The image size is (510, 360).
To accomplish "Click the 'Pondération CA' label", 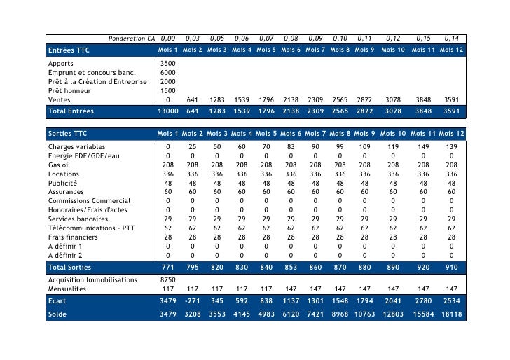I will click(x=131, y=38).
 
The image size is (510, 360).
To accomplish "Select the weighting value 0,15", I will click(x=422, y=38).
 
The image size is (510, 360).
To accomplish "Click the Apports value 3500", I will click(x=168, y=63).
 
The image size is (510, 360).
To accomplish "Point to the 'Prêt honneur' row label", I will click(x=67, y=90).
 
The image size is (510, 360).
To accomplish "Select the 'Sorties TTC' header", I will click(x=67, y=133).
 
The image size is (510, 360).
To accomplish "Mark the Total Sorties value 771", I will click(x=168, y=268).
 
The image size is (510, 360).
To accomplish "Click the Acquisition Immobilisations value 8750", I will click(x=168, y=279).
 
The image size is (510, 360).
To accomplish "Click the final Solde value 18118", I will click(x=450, y=314).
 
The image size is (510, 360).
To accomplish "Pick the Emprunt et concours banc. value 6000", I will click(x=168, y=72).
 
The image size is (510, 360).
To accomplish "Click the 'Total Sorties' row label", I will click(x=69, y=268).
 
